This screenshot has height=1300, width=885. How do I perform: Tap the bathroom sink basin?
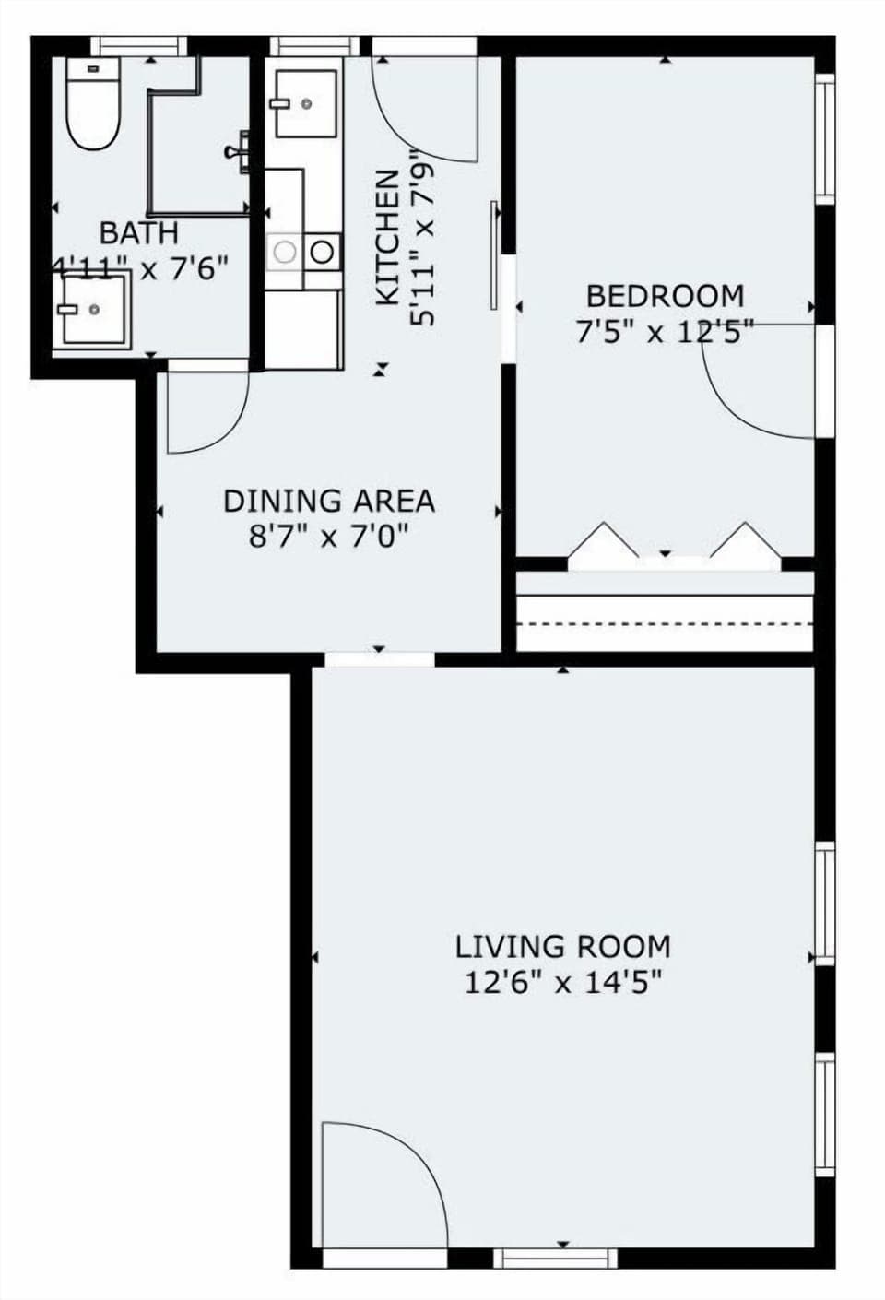point(92,310)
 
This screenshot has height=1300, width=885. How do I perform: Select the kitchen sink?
point(304,105)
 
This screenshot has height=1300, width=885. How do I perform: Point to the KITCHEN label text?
point(387,237)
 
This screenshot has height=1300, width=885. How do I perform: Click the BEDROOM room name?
point(665,297)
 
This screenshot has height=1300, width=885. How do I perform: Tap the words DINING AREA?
point(328,502)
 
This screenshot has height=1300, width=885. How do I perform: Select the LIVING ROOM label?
point(562,947)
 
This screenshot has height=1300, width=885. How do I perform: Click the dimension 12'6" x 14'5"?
point(562,983)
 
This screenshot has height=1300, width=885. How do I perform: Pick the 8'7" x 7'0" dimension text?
point(328,536)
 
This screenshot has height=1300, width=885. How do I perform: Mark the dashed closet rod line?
point(664,624)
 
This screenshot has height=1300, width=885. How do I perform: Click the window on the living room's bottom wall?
point(555,1258)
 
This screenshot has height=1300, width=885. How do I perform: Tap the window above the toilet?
point(137,46)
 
